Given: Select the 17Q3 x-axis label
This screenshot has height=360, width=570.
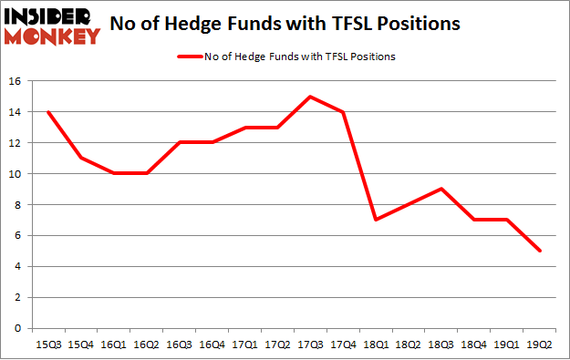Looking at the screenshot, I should [311, 343].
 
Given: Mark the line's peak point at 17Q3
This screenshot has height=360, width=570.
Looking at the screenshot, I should [311, 97].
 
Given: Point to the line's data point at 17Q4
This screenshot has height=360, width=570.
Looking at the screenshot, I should [345, 112].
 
